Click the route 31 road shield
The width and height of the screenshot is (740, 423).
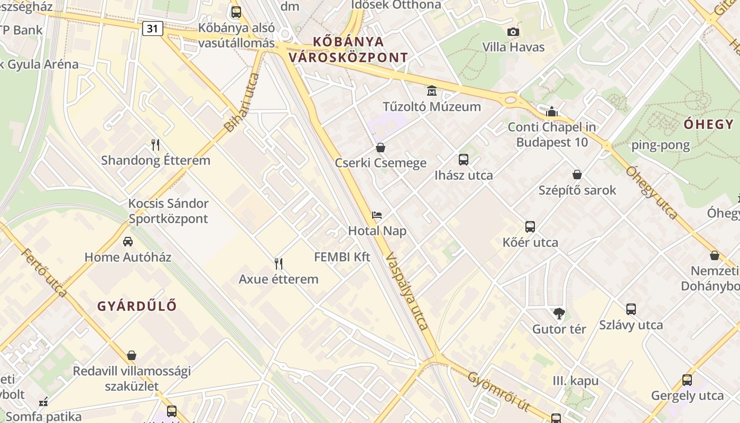click(152, 29)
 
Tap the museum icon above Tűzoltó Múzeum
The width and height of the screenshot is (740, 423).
click(432, 91)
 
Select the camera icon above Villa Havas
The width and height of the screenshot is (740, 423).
click(513, 32)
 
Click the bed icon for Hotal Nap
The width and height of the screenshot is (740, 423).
click(377, 215)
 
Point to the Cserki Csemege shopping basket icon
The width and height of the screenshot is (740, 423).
click(380, 148)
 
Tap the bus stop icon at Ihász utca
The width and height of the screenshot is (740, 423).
click(464, 159)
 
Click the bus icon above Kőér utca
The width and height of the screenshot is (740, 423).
click(530, 227)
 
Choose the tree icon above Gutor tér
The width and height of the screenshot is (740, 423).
click(559, 314)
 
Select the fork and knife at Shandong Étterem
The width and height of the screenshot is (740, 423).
click(155, 145)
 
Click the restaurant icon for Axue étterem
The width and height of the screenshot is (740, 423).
click(279, 263)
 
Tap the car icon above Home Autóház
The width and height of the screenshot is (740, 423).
click(127, 242)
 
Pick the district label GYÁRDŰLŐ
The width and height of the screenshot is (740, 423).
click(137, 306)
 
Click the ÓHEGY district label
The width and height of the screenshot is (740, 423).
click(708, 124)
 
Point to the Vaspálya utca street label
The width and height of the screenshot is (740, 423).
click(406, 291)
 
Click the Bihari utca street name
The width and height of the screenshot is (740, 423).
click(242, 103)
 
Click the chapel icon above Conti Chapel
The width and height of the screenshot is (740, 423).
click(552, 112)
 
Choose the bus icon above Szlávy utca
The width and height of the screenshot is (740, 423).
click(631, 309)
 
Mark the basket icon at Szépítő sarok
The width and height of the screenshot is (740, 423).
click(577, 174)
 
